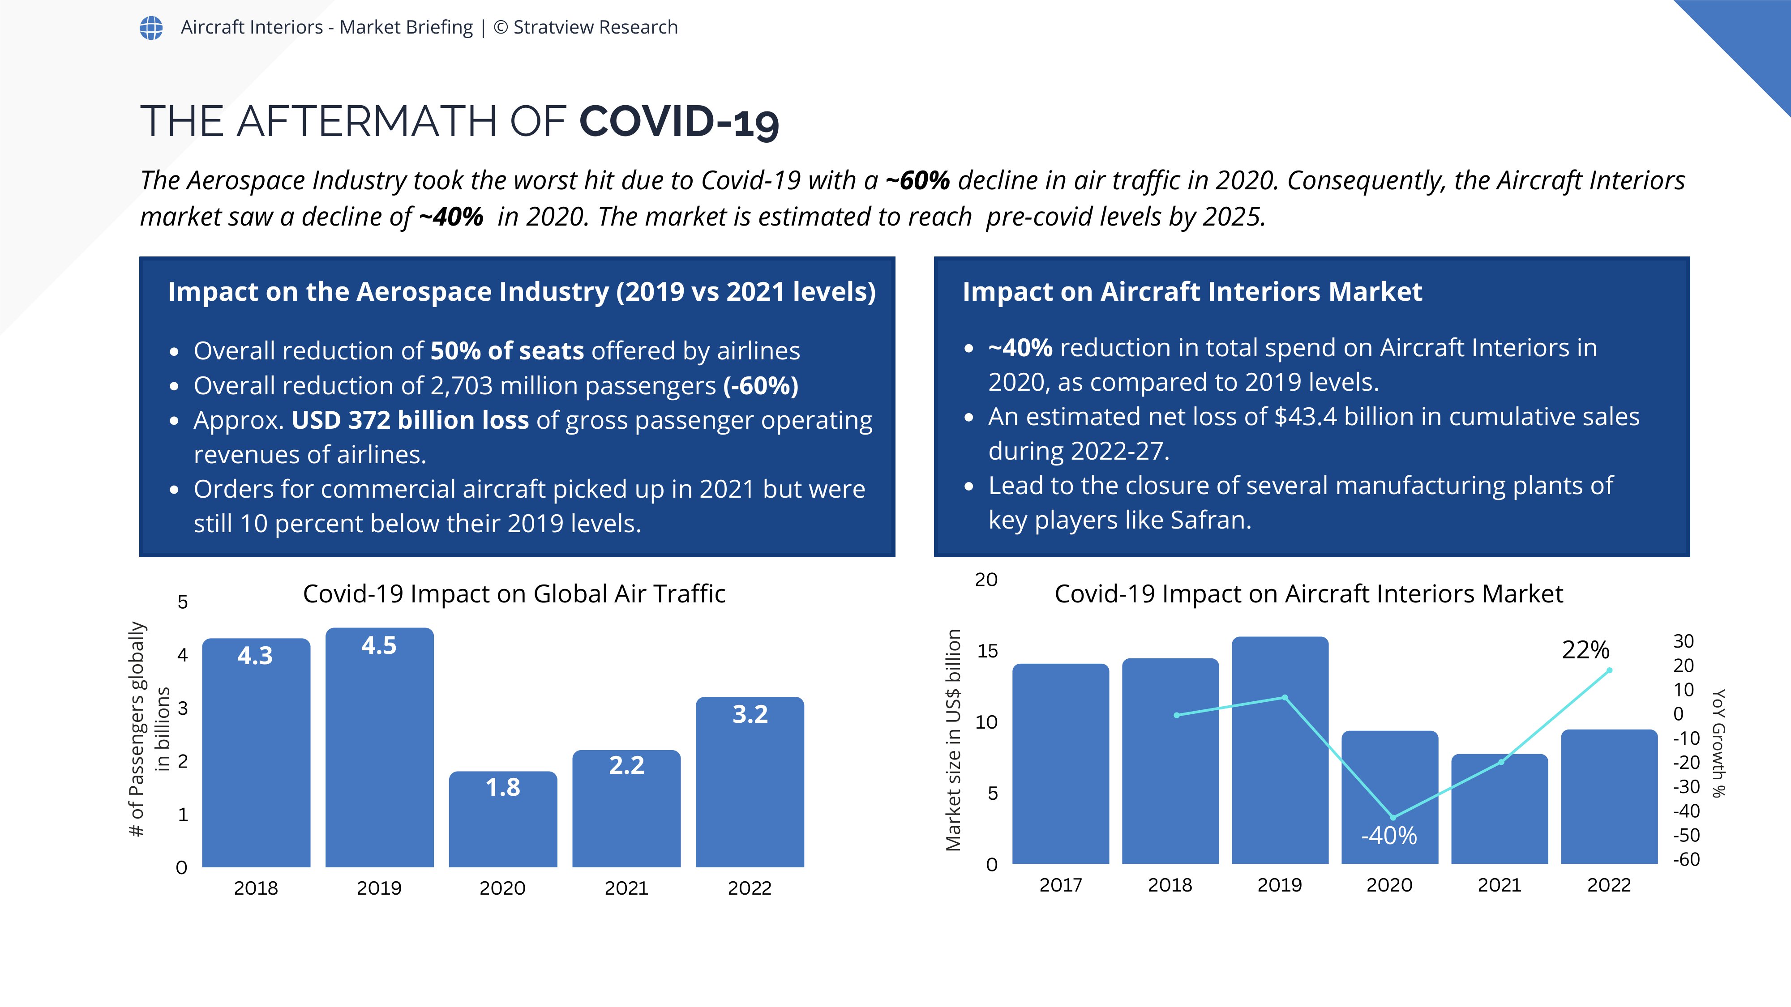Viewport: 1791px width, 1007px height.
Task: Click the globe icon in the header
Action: tap(151, 28)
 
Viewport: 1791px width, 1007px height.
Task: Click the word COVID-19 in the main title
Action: tap(679, 122)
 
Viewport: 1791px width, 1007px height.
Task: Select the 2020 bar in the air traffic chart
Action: tap(503, 819)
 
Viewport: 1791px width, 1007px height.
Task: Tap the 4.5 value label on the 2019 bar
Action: tap(379, 646)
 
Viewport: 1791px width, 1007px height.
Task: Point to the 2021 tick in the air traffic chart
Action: tap(626, 888)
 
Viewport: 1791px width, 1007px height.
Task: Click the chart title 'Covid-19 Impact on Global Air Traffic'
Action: tap(514, 594)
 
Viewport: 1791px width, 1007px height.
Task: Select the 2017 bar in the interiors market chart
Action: tap(1060, 764)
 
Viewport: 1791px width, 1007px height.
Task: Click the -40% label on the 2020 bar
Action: tap(1388, 835)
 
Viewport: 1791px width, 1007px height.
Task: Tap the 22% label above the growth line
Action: tap(1585, 650)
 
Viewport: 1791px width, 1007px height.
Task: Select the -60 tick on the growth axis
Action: tap(1686, 860)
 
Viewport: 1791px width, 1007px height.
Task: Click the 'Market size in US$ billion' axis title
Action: tap(953, 740)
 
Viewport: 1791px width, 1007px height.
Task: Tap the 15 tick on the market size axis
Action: tap(987, 651)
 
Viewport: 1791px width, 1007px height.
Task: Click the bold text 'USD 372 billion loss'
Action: tap(410, 420)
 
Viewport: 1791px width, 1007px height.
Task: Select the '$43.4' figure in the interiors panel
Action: tap(1305, 417)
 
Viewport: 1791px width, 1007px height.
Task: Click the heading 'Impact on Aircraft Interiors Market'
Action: tap(1191, 292)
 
